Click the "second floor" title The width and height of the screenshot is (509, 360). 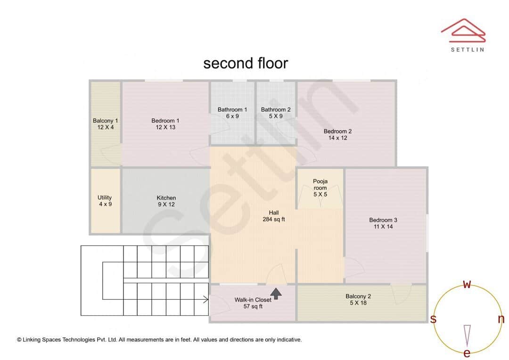tap(246, 63)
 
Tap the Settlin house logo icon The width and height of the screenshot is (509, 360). tap(463, 31)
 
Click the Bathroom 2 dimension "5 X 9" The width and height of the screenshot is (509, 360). tap(276, 116)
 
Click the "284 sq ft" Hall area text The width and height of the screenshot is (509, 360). tap(274, 220)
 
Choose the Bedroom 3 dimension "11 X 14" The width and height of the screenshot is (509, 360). tap(383, 227)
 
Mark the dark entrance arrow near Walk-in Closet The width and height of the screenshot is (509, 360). tap(276, 294)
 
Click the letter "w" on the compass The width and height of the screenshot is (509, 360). tap(467, 284)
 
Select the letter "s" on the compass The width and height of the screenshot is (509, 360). tap(434, 319)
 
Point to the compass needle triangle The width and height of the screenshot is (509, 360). tap(467, 335)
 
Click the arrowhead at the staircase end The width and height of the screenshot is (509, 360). tap(206, 299)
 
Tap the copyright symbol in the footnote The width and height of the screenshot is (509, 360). tap(19, 340)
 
